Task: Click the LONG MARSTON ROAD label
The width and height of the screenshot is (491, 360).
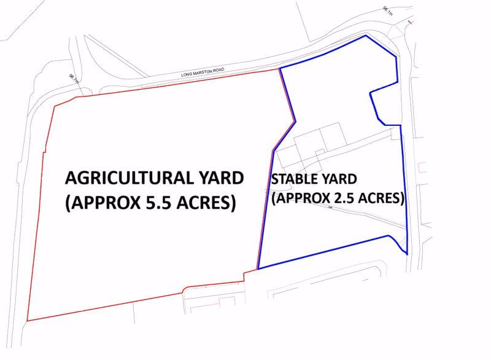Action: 202,73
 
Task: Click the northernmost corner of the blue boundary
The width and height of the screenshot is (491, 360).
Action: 366,36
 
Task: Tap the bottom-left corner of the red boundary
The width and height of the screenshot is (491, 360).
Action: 27,321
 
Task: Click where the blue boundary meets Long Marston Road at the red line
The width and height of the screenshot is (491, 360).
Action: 279,68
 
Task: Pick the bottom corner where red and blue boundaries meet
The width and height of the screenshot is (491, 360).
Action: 258,268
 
